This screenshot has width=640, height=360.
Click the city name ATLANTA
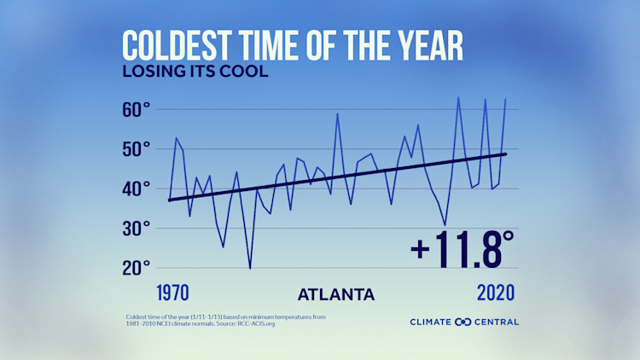335,295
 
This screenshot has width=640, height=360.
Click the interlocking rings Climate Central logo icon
463,322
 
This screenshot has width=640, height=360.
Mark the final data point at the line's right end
506,99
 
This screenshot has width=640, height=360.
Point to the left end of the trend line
169,200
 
